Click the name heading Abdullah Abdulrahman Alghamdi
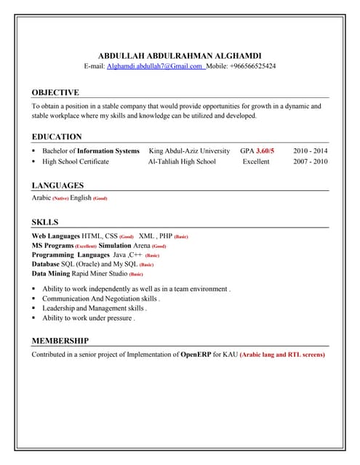coord(180,55)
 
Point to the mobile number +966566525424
coord(252,66)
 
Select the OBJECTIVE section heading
coord(55,92)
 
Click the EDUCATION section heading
coord(57,137)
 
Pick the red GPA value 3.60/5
coord(265,150)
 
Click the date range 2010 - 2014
coord(311,150)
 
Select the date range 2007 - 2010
coord(311,161)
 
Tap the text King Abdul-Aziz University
coord(188,150)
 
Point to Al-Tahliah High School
coord(182,161)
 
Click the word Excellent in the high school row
coord(256,161)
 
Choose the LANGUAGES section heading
coord(57,185)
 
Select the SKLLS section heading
coord(45,222)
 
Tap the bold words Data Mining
coord(51,274)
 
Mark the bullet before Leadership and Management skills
coord(34,308)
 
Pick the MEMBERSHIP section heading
coord(60,340)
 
